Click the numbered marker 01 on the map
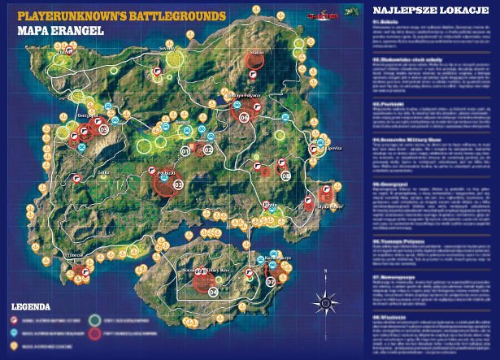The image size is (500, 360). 185,150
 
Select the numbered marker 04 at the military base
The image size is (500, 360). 213,291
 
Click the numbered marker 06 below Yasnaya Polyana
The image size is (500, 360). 244,117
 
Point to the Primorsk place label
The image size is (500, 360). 75,254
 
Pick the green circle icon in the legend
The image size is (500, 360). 97,319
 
